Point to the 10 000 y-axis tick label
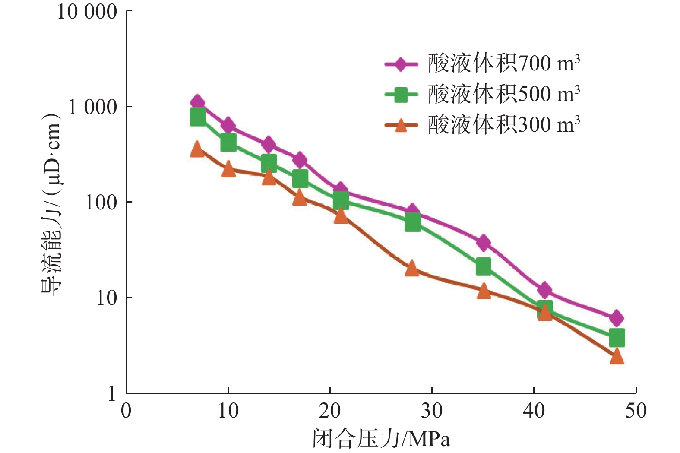[87, 12]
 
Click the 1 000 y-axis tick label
[92, 107]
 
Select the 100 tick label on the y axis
[101, 203]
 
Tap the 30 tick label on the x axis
[432, 411]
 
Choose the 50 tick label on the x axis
[636, 411]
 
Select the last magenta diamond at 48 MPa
[617, 318]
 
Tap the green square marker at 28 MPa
[412, 223]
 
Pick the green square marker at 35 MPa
[484, 266]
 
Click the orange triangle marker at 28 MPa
[412, 269]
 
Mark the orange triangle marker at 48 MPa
[617, 357]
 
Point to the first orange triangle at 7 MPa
[197, 149]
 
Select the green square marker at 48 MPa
[617, 338]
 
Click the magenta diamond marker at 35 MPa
[484, 243]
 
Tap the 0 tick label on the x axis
[126, 411]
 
